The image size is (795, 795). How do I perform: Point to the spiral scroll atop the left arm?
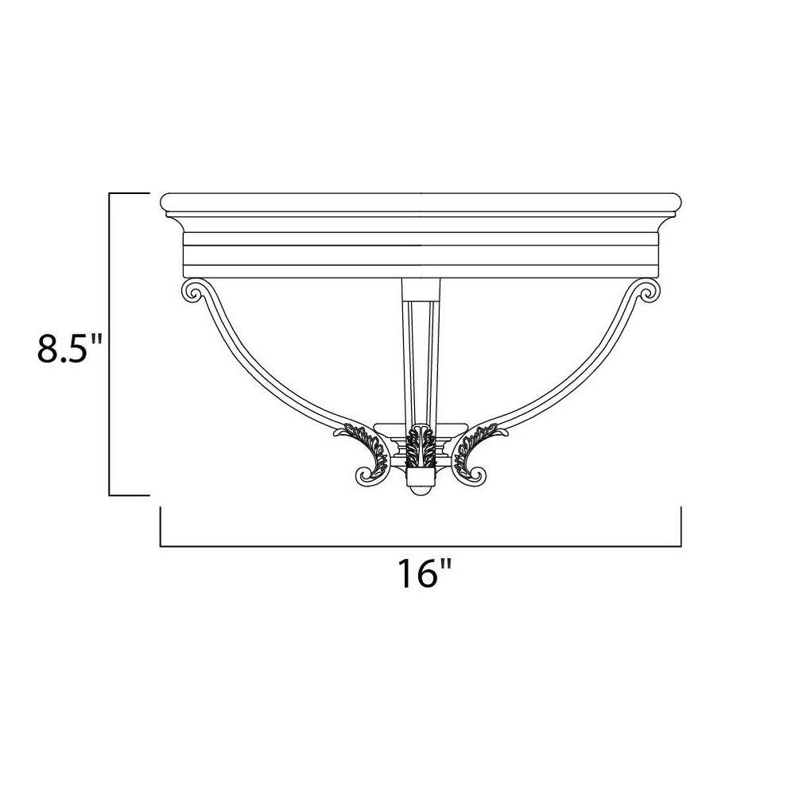coord(193,292)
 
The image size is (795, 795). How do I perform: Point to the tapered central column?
coord(420,350)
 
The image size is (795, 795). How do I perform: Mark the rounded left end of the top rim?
coord(165,203)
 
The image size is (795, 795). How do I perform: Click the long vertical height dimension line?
coord(109,343)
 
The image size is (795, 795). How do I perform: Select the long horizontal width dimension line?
coord(421,546)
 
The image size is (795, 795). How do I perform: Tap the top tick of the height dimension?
coord(129,193)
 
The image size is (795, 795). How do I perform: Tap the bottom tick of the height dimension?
coord(129,494)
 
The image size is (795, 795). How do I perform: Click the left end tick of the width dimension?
coord(161,526)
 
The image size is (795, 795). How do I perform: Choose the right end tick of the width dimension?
coord(681,526)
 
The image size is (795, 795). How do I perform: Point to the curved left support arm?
coord(262,374)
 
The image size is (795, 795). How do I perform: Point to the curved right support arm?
coord(579,374)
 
